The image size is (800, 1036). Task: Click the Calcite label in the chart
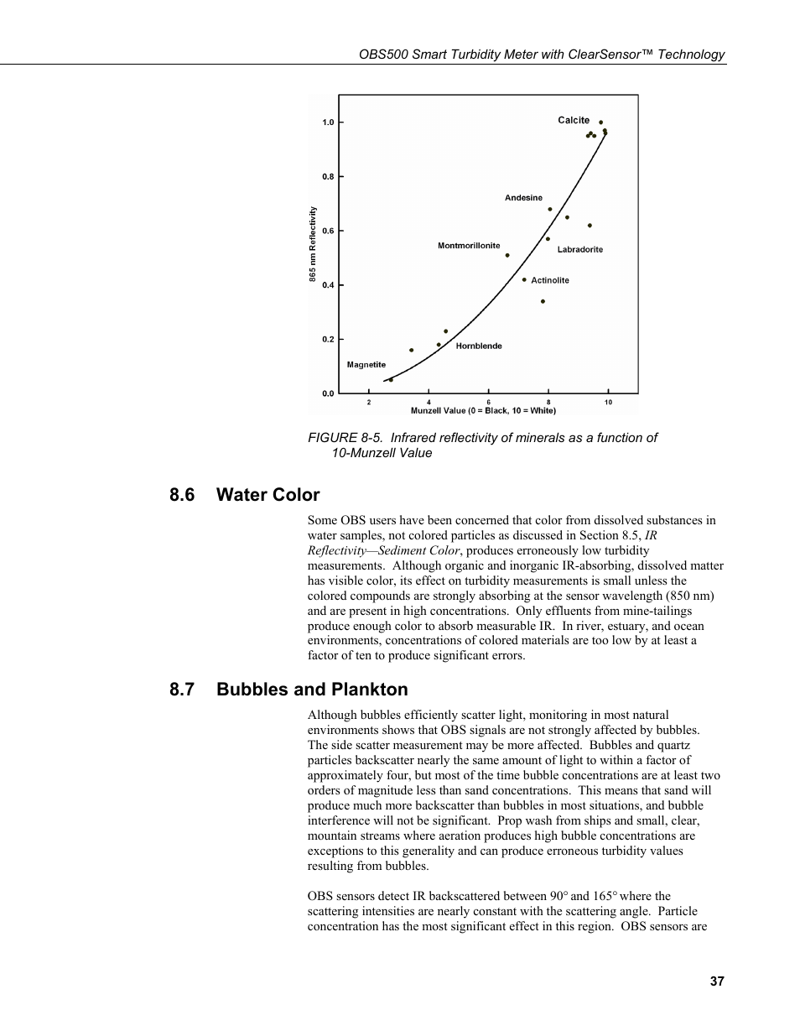[574, 120]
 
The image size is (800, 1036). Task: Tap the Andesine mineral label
[523, 198]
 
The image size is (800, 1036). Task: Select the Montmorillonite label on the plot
[469, 246]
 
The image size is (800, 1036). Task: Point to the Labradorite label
[580, 250]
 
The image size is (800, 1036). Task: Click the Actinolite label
[550, 280]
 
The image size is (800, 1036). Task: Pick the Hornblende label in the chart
[479, 346]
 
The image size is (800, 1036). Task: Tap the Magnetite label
[366, 365]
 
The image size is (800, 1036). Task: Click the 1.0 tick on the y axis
[328, 122]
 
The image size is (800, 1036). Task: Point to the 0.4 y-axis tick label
[328, 285]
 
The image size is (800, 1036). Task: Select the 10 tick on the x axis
[608, 403]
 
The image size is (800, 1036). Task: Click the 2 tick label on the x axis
[369, 403]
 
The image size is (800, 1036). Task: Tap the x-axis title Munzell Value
[483, 411]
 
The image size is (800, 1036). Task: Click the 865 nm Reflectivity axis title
[313, 244]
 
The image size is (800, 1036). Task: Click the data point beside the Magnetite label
[391, 380]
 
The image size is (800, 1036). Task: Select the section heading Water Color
[268, 495]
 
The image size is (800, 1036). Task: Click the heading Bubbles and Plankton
[312, 690]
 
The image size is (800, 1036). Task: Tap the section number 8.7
[182, 690]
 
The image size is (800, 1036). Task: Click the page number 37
[716, 981]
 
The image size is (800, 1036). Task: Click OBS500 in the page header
[384, 55]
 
